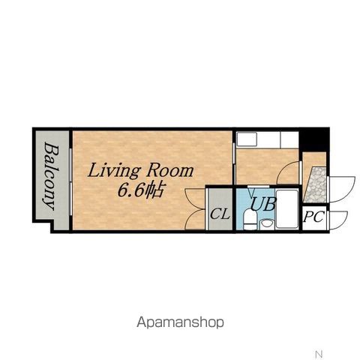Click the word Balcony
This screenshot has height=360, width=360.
pyautogui.click(x=52, y=175)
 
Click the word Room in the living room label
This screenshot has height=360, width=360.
pyautogui.click(x=170, y=171)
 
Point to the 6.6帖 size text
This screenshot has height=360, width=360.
pyautogui.click(x=141, y=191)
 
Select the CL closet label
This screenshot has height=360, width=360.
pyautogui.click(x=220, y=214)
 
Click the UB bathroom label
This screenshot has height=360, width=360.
pyautogui.click(x=263, y=204)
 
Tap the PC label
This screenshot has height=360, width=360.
pyautogui.click(x=313, y=217)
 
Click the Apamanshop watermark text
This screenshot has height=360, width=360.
pyautogui.click(x=180, y=322)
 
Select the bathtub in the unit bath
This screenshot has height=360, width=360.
pyautogui.click(x=287, y=209)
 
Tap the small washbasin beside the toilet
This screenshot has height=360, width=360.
pyautogui.click(x=266, y=223)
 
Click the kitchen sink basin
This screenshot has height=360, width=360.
pyautogui.click(x=247, y=139)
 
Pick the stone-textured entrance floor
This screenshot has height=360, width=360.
pyautogui.click(x=315, y=185)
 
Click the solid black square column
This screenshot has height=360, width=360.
pyautogui.click(x=313, y=139)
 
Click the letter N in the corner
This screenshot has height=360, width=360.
pyautogui.click(x=319, y=354)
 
